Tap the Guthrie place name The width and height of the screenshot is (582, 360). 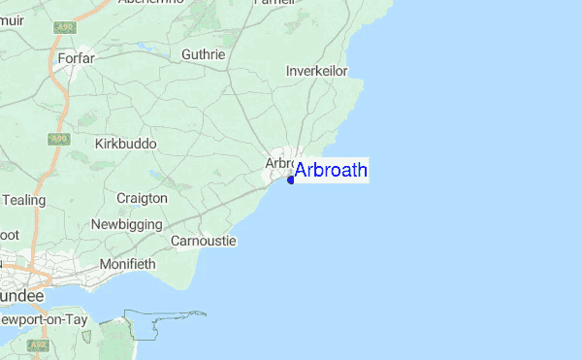point(203,55)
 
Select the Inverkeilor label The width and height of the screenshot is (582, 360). point(316,71)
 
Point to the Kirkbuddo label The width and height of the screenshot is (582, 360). point(125,144)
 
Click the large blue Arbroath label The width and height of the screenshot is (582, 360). point(331,171)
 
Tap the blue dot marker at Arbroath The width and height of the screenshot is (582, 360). point(291,180)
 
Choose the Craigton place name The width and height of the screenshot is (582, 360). point(142,198)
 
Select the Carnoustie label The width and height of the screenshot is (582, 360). point(203,240)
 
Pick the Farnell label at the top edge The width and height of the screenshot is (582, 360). point(301,3)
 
